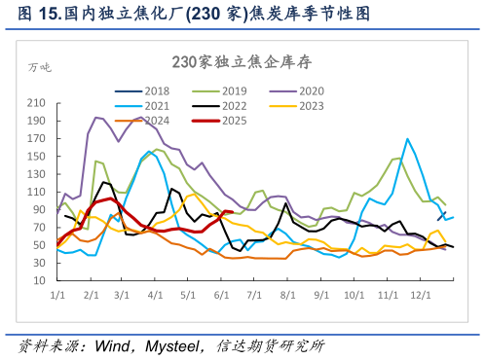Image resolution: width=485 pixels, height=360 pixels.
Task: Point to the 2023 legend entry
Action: (312, 105)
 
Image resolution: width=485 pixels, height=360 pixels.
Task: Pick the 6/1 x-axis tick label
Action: (220, 293)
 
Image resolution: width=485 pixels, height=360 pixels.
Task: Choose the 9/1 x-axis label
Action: (320, 293)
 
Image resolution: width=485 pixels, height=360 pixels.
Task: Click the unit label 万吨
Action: (40, 67)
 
